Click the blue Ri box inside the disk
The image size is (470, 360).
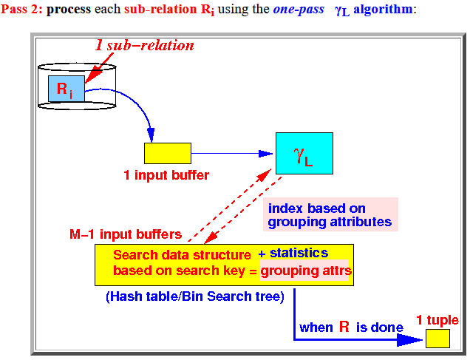click(67, 89)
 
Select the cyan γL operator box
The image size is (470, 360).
click(304, 153)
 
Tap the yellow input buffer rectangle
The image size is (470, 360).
click(168, 153)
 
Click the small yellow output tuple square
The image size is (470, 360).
click(437, 339)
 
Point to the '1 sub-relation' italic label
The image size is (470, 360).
click(145, 46)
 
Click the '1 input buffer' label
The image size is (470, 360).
click(166, 175)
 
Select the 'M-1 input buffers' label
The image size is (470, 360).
click(126, 234)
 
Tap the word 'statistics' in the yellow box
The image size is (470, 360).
click(299, 254)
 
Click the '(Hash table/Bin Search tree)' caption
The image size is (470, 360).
click(195, 296)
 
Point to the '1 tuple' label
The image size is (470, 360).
click(437, 320)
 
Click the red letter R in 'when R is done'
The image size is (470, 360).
click(344, 327)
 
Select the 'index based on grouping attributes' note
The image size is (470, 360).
click(330, 214)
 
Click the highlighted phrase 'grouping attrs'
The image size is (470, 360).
click(306, 271)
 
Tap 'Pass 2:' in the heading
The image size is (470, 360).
click(21, 9)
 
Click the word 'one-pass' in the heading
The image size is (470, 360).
click(299, 9)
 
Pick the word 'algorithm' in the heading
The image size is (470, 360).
click(383, 9)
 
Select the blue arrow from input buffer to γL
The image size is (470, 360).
click(232, 154)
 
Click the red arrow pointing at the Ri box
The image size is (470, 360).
click(99, 68)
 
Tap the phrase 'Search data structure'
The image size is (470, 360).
click(183, 255)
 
